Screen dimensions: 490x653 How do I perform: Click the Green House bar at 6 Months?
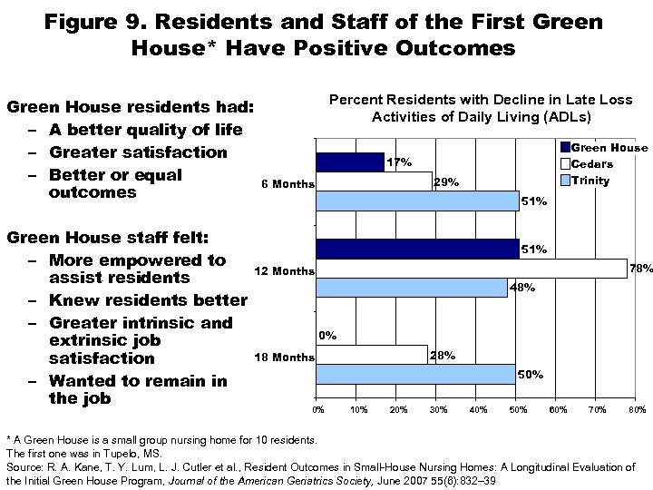[349, 162]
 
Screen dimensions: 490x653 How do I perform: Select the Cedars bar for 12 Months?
[471, 269]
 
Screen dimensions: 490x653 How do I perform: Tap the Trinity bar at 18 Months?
[415, 374]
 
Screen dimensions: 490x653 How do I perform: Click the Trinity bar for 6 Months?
[417, 201]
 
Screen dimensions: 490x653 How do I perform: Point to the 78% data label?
[642, 268]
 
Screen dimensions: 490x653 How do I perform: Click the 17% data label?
[400, 162]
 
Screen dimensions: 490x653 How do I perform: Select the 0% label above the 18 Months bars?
[327, 335]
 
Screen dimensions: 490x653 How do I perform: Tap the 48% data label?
[523, 288]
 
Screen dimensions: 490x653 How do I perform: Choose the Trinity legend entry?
[590, 181]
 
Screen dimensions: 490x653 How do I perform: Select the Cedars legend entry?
[591, 164]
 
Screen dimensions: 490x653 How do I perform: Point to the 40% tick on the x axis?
[478, 410]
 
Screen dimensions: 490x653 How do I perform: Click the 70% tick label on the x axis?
[599, 410]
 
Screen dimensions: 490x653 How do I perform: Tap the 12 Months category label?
[284, 270]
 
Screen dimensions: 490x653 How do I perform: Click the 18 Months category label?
[284, 357]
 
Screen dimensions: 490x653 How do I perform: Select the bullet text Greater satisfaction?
[138, 152]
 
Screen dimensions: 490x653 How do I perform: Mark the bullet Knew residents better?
[148, 300]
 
